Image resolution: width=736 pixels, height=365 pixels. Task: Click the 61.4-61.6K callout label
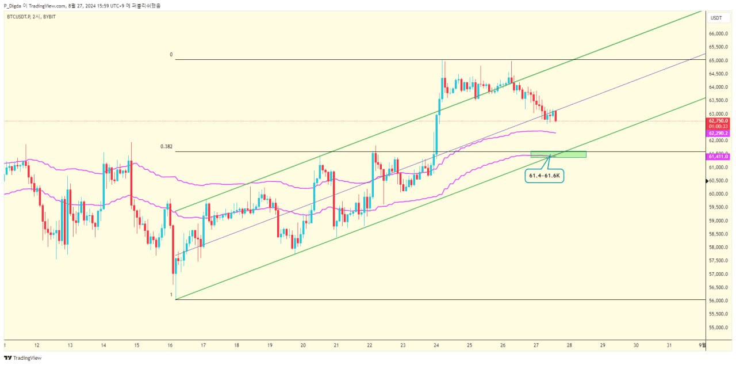(544, 176)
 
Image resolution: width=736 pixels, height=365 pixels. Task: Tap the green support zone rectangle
(558, 154)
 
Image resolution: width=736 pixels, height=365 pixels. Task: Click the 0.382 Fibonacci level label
(166, 146)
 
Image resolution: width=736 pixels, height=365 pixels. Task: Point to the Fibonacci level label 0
(171, 55)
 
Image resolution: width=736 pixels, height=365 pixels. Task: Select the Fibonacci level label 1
(171, 295)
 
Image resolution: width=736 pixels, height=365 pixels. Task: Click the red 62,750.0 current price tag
(719, 121)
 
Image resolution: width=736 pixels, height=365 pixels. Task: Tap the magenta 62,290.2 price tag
(719, 133)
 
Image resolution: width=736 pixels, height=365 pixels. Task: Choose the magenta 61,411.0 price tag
(719, 156)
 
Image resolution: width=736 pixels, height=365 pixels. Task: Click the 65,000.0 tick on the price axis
(719, 60)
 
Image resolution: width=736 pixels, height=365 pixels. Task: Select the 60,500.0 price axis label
(719, 181)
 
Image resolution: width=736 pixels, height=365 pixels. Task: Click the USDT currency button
(716, 18)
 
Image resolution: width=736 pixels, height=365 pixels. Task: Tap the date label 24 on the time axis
(436, 345)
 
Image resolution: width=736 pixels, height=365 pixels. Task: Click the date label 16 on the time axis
(170, 345)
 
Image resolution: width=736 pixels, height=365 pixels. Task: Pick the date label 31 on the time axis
(669, 345)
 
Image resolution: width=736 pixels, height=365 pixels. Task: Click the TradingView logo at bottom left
(23, 358)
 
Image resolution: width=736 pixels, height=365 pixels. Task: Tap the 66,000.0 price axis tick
(719, 34)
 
